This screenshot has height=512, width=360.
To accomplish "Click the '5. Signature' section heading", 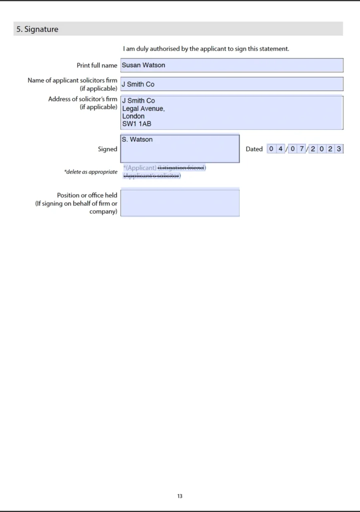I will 37,29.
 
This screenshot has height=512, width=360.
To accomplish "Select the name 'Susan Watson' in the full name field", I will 143,65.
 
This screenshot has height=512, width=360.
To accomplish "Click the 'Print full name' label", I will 97,65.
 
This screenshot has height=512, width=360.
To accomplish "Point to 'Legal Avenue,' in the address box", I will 143,108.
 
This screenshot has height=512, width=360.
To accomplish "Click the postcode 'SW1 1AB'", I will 136,123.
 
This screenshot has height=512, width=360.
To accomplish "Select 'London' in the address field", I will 133,116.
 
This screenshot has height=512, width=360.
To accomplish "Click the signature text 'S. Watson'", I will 137,139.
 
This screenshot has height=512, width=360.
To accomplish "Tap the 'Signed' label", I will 107,149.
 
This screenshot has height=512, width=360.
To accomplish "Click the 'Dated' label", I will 254,149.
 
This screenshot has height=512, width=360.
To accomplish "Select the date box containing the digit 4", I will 280,148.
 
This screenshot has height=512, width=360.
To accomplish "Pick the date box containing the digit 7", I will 301,148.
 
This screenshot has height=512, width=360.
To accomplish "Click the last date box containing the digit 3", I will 339,148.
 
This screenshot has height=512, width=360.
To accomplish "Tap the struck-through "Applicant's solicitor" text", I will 152,175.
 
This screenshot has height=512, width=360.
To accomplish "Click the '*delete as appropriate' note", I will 90,172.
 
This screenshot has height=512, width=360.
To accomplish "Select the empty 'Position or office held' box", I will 180,203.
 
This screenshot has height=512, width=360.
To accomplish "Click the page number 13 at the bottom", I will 180,496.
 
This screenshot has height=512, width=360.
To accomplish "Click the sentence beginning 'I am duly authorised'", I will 206,49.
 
